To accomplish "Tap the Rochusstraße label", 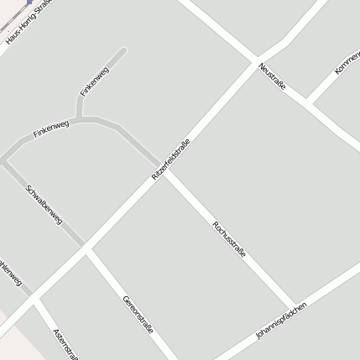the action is click(228, 238).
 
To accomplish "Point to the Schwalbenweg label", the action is click(43, 204).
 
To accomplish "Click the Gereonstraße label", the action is click(138, 314).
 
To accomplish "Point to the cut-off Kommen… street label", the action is click(347, 61).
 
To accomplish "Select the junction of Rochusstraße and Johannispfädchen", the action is click(294, 307).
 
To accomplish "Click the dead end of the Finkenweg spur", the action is click(124, 51).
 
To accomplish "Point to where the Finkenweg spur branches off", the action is click(81, 118).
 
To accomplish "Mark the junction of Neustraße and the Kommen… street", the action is click(308, 102).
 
